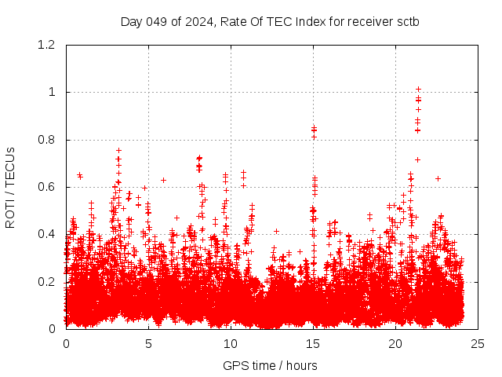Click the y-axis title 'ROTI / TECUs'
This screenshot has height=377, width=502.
[10, 187]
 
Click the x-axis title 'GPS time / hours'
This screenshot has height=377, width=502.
[270, 365]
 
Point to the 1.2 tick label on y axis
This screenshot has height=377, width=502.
[49, 45]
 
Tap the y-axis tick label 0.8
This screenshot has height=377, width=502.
[49, 140]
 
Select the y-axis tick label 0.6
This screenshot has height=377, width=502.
[49, 187]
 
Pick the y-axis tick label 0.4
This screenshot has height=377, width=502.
[49, 234]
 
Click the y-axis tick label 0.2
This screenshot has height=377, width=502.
[49, 281]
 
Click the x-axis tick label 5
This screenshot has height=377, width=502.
[148, 343]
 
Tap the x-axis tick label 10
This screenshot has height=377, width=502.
[231, 343]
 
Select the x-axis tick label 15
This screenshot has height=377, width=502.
[313, 343]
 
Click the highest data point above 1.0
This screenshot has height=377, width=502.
[418, 89]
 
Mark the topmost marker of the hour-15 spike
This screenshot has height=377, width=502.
[314, 127]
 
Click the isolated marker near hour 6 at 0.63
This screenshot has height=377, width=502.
[163, 180]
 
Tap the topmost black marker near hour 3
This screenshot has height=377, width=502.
[118, 150]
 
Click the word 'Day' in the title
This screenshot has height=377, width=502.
[131, 21]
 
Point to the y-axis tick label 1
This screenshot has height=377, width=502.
[53, 92]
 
